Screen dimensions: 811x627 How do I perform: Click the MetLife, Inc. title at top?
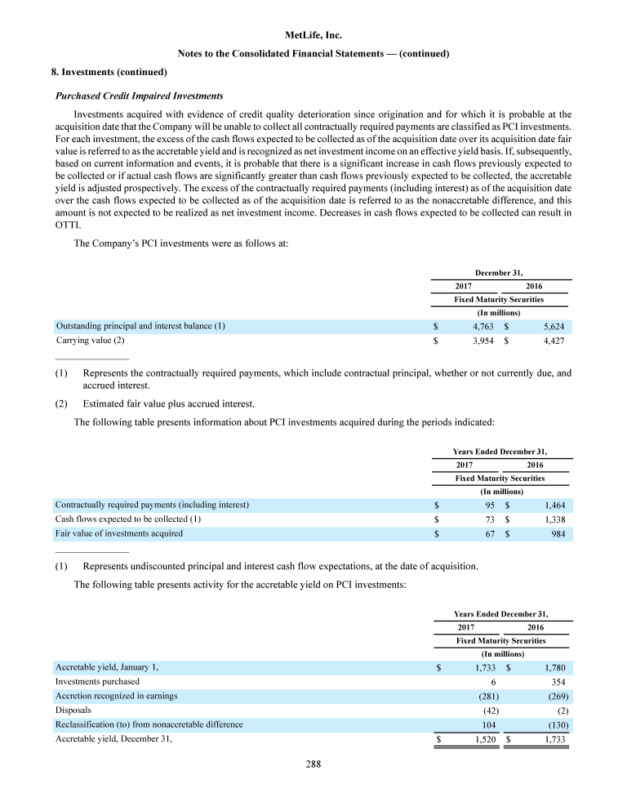coord(313,35)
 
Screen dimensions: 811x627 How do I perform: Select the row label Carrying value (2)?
coord(90,340)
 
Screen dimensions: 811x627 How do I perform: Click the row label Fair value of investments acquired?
coord(118,533)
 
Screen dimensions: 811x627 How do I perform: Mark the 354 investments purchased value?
coord(559,681)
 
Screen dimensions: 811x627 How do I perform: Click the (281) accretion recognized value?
coord(488,696)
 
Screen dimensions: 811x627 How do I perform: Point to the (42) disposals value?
coord(491,711)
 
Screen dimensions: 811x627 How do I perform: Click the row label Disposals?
coord(73,711)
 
